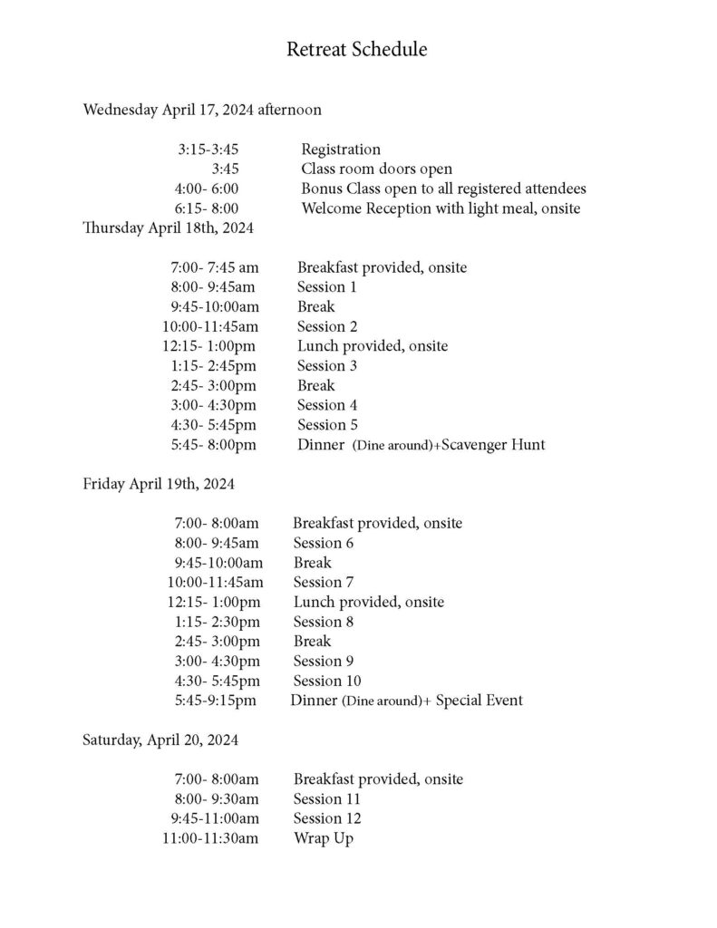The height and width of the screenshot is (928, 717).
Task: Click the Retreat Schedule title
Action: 356,50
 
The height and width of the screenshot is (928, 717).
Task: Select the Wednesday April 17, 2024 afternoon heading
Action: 202,111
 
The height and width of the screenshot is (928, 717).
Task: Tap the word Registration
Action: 341,150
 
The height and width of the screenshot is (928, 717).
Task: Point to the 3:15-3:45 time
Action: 208,150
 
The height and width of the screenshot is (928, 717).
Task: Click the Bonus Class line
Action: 443,188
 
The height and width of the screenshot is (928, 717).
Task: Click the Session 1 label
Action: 326,287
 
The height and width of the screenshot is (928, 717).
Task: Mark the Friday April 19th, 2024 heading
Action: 159,484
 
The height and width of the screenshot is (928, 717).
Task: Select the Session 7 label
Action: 323,582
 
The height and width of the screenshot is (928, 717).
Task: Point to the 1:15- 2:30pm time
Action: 218,622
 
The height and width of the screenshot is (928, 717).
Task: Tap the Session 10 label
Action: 326,681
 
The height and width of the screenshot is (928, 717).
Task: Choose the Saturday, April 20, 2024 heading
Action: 160,740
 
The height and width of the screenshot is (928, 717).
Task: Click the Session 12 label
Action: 326,818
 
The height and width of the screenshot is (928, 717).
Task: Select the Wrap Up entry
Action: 323,838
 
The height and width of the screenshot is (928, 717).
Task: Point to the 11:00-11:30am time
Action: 210,838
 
